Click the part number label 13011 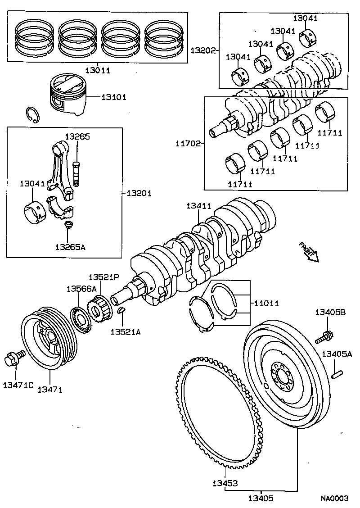98,70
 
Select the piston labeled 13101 67,96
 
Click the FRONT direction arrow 309,252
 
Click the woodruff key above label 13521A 121,310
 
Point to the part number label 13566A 81,288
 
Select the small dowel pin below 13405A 338,373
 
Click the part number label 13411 199,206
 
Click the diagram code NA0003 335,498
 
